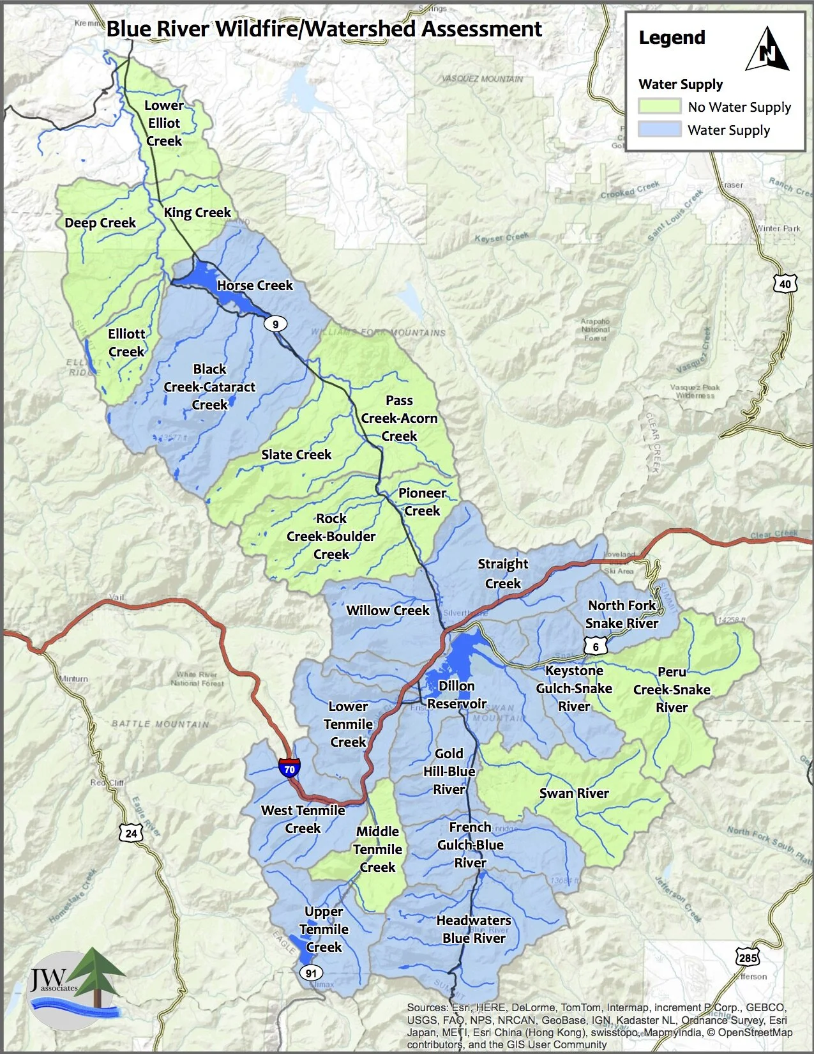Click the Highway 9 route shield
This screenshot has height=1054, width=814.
(276, 324)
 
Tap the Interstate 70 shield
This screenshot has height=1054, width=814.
(289, 768)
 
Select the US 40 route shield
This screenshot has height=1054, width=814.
(785, 284)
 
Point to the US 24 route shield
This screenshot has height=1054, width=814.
(131, 833)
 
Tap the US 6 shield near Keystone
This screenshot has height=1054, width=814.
(596, 646)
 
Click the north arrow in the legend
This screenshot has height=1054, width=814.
(767, 50)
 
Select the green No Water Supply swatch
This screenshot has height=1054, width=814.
(659, 107)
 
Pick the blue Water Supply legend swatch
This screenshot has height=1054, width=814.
(659, 130)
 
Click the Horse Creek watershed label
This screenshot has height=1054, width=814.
(255, 286)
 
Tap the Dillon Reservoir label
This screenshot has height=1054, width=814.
(456, 694)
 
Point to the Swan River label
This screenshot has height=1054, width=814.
(574, 793)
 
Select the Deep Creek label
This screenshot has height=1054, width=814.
(100, 223)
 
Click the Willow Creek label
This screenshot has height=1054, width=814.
(388, 611)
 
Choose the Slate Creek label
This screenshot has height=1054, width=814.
(296, 455)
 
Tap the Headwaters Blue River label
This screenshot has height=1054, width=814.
(474, 929)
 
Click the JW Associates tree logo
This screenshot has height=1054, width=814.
(77, 984)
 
